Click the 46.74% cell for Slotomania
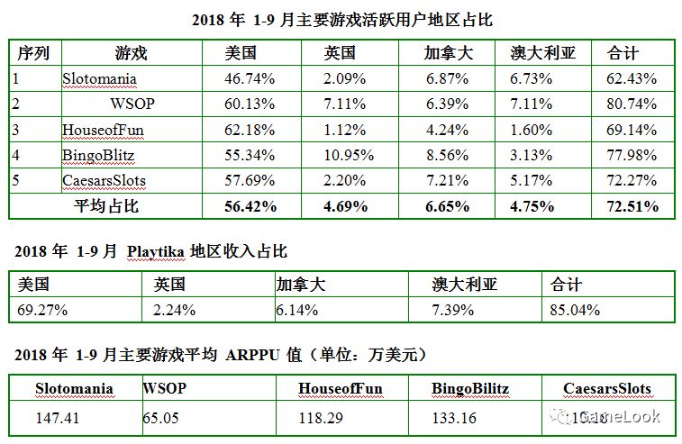(x=250, y=78)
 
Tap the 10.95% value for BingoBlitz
(x=345, y=155)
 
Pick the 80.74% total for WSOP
(x=632, y=104)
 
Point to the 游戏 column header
(x=132, y=53)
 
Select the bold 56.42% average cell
(x=250, y=206)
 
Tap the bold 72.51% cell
(x=632, y=206)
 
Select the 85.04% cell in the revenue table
(x=577, y=311)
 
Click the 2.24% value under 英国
(x=174, y=311)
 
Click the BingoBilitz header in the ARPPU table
(x=470, y=389)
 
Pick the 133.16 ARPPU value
(x=454, y=417)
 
